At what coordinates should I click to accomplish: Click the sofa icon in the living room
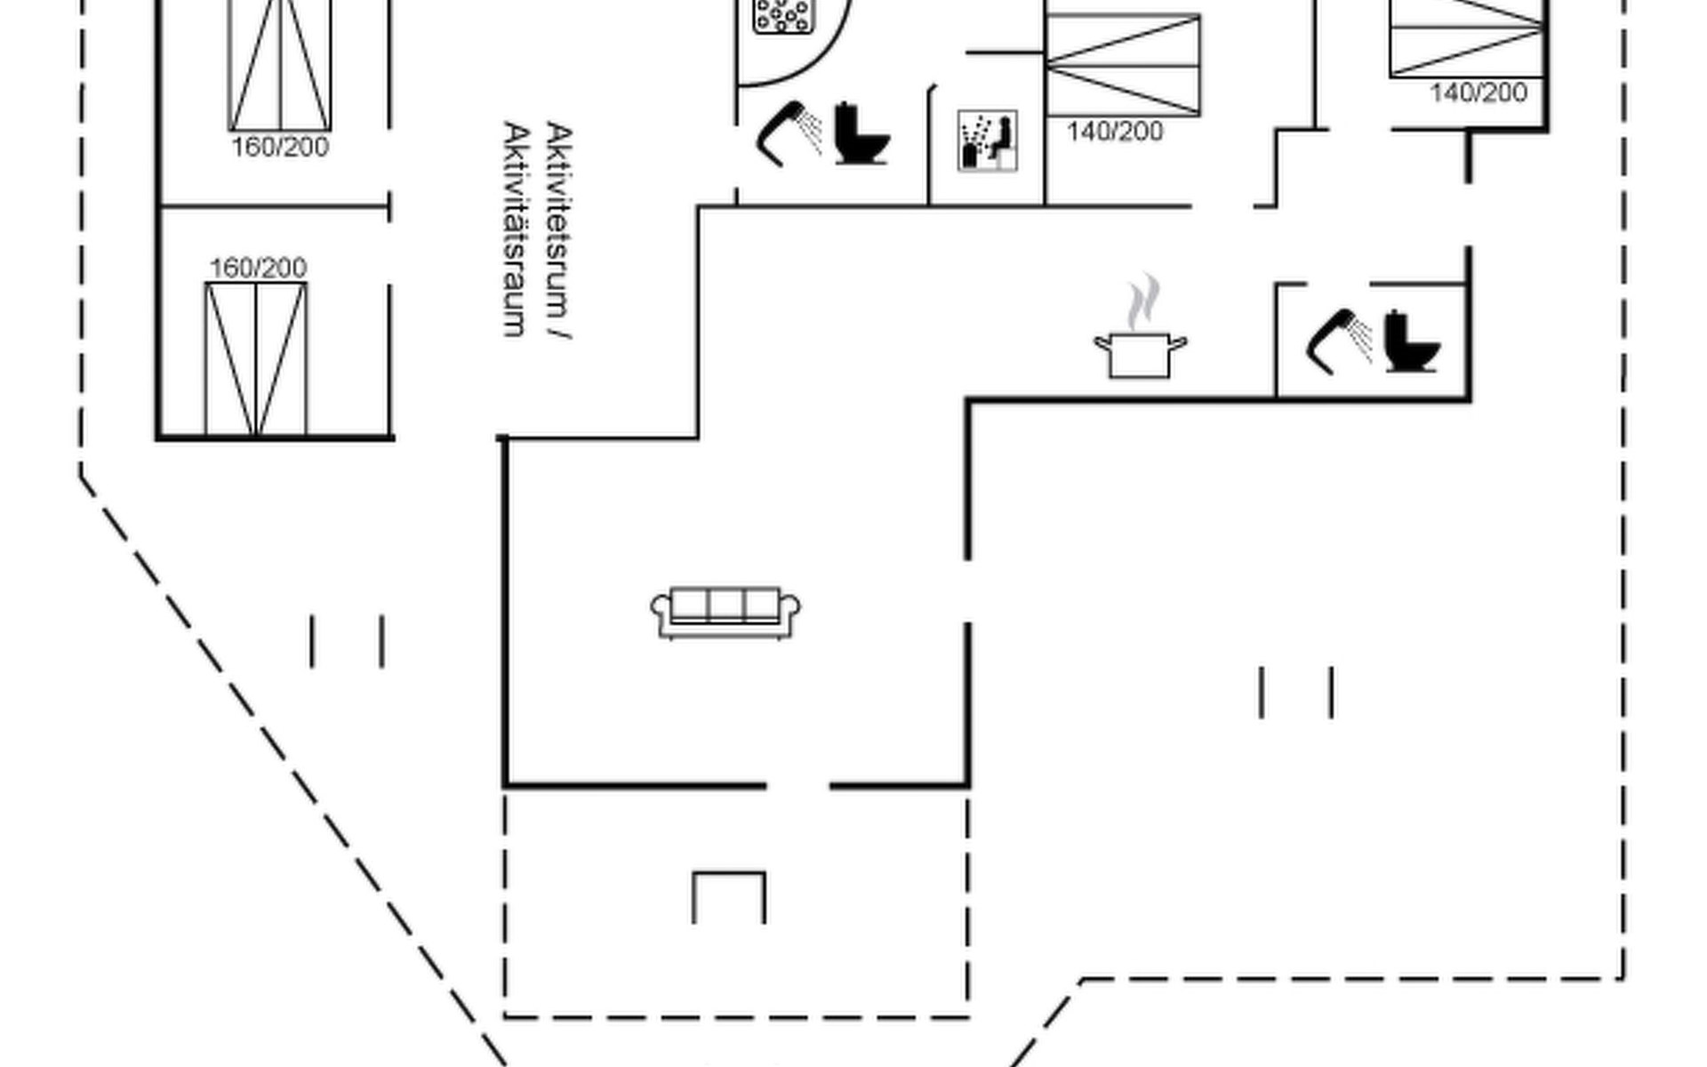(725, 612)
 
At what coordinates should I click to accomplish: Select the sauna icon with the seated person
(987, 140)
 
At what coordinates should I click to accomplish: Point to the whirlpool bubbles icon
(783, 15)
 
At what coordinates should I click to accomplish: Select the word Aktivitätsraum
(517, 229)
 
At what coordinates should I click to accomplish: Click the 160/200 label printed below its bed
(280, 148)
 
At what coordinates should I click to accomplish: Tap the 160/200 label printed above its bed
(258, 268)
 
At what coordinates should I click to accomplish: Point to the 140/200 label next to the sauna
(1115, 132)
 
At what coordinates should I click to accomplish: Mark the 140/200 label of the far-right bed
(1479, 92)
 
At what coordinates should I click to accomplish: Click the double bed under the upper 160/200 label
(256, 359)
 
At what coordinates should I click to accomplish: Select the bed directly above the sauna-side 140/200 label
(1123, 64)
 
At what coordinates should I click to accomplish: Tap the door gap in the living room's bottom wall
(797, 786)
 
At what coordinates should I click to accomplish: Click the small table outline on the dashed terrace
(729, 896)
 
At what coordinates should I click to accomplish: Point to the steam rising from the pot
(1143, 302)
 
